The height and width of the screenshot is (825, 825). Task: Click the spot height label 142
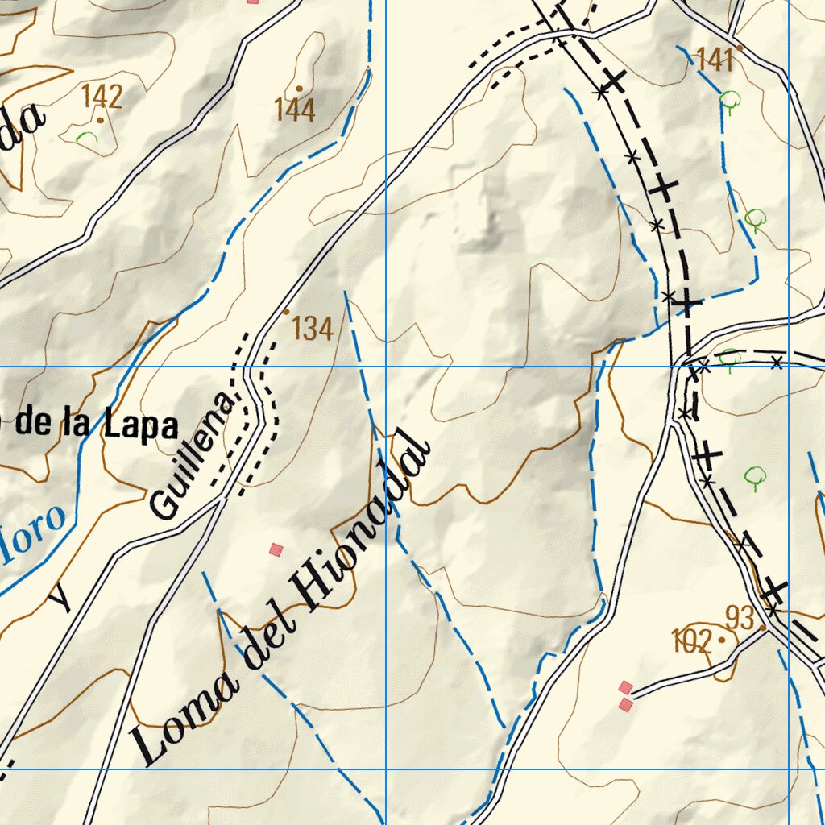click(102, 97)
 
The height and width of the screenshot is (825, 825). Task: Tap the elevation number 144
click(294, 110)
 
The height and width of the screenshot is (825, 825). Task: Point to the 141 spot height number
click(715, 60)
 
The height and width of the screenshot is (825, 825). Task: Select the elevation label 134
click(312, 329)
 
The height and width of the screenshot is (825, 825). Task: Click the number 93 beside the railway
click(740, 619)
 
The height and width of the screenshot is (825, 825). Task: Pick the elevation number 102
click(692, 642)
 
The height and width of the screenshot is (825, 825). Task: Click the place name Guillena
click(193, 456)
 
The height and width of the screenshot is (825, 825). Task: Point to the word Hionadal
click(362, 520)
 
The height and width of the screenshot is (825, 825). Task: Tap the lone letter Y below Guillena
click(60, 599)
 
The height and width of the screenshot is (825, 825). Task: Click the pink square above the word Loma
click(276, 549)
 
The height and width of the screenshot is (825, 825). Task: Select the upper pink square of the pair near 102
click(624, 687)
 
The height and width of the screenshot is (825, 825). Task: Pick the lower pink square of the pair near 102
click(626, 705)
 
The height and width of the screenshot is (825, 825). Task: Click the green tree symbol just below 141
click(730, 102)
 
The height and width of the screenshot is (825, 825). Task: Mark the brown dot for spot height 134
click(286, 311)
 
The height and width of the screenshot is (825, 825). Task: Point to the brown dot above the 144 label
click(299, 89)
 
